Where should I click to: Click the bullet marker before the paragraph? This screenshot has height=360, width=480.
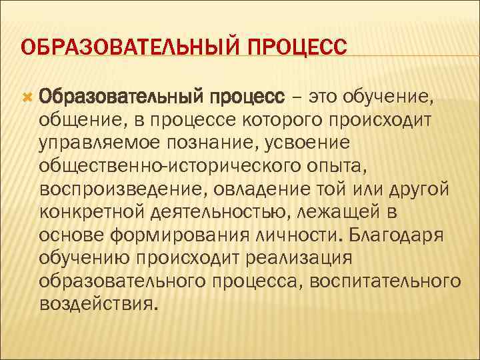point(27,99)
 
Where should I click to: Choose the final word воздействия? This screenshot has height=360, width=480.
point(100,303)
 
